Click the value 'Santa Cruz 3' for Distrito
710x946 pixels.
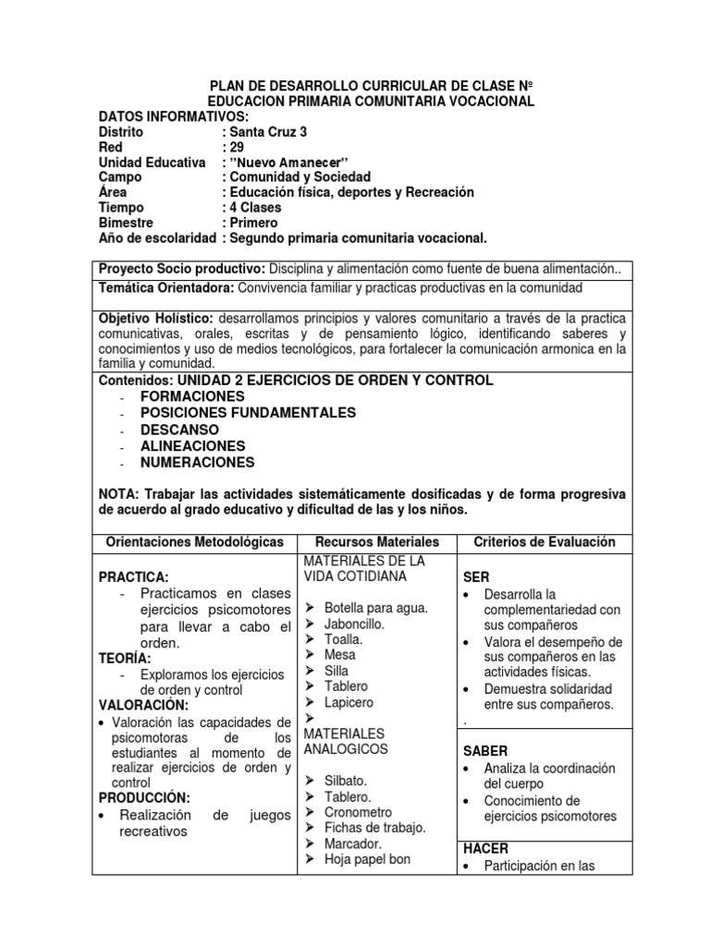point(258,131)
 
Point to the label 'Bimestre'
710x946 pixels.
point(128,223)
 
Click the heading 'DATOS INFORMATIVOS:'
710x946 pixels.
point(174,116)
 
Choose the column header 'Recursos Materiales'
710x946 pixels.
point(377,542)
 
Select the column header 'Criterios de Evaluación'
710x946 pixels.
point(544,542)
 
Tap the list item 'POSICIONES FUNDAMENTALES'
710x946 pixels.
point(248,413)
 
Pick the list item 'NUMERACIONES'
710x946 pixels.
point(197,463)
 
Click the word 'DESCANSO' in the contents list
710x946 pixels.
point(180,430)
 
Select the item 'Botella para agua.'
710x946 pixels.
point(375,607)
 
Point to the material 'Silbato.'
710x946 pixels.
point(347,781)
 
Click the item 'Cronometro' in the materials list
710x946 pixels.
point(358,812)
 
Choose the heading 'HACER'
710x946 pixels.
point(486,847)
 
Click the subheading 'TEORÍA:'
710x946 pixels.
point(125,658)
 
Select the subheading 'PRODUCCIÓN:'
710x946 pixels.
point(144,797)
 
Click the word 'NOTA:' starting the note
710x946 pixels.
point(119,494)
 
